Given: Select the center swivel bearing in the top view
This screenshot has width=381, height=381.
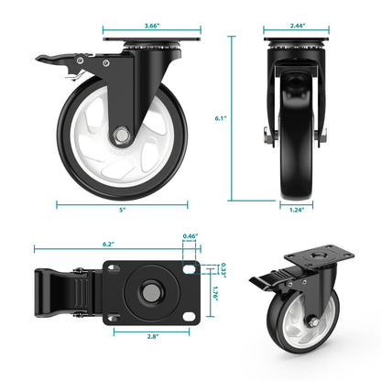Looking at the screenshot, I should (147, 293).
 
